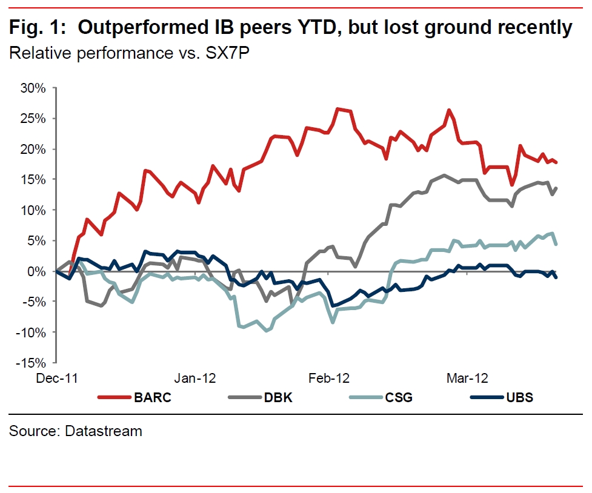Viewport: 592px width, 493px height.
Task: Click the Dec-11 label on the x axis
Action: coord(56,379)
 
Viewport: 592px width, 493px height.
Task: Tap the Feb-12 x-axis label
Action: coord(330,379)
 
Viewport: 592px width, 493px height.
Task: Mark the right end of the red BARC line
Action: coord(556,162)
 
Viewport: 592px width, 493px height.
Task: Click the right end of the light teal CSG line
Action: coord(556,243)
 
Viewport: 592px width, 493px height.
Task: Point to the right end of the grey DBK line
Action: coord(556,188)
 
